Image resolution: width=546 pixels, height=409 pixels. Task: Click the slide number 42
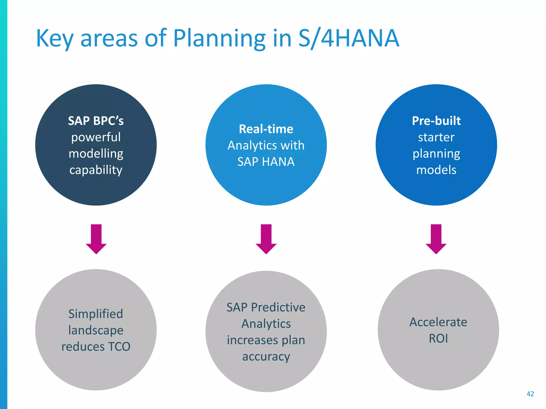click(x=530, y=394)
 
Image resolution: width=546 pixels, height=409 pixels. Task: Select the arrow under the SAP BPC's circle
click(x=96, y=239)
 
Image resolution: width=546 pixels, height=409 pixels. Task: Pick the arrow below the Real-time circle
click(x=266, y=239)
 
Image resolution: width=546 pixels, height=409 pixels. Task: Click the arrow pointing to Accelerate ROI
click(x=436, y=239)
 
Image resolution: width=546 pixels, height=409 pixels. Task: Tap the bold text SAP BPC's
click(x=96, y=121)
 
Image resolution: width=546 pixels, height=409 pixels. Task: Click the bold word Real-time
click(x=266, y=129)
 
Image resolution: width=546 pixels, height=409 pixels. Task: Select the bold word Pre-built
click(x=436, y=121)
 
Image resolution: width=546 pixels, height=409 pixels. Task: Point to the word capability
click(x=96, y=170)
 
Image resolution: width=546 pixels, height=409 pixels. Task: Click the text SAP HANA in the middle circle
click(x=266, y=162)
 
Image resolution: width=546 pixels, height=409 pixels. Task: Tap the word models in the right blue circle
click(x=436, y=170)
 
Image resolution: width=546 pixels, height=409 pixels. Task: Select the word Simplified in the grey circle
click(x=96, y=314)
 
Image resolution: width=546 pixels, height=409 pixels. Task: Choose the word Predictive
click(x=278, y=308)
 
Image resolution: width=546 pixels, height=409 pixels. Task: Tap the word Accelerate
click(x=438, y=322)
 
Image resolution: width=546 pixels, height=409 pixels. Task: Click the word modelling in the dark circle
click(x=96, y=154)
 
